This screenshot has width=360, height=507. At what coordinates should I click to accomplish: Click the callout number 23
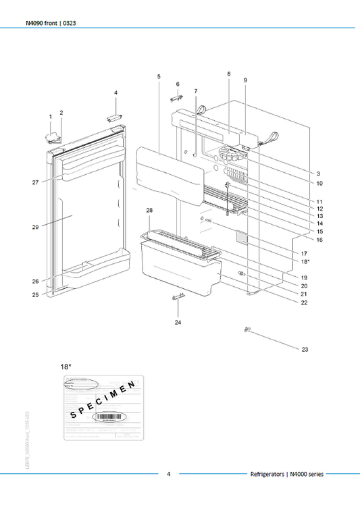pyautogui.click(x=304, y=350)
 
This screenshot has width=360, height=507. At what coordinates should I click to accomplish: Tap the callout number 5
pyautogui.click(x=159, y=77)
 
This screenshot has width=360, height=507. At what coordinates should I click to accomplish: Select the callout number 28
pyautogui.click(x=149, y=211)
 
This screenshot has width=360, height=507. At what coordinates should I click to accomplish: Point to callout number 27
pyautogui.click(x=35, y=182)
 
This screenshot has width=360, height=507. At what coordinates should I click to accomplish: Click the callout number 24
pyautogui.click(x=178, y=323)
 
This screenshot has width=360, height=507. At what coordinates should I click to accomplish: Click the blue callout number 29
pyautogui.click(x=35, y=228)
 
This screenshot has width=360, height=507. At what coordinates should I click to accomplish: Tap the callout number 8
pyautogui.click(x=229, y=73)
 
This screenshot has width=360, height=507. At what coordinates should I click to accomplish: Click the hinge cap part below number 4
pyautogui.click(x=113, y=117)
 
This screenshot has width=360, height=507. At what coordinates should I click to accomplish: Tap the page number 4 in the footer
pyautogui.click(x=169, y=475)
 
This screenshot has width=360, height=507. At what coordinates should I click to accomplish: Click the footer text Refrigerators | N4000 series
pyautogui.click(x=300, y=475)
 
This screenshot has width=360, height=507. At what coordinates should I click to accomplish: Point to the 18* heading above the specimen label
pyautogui.click(x=66, y=366)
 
